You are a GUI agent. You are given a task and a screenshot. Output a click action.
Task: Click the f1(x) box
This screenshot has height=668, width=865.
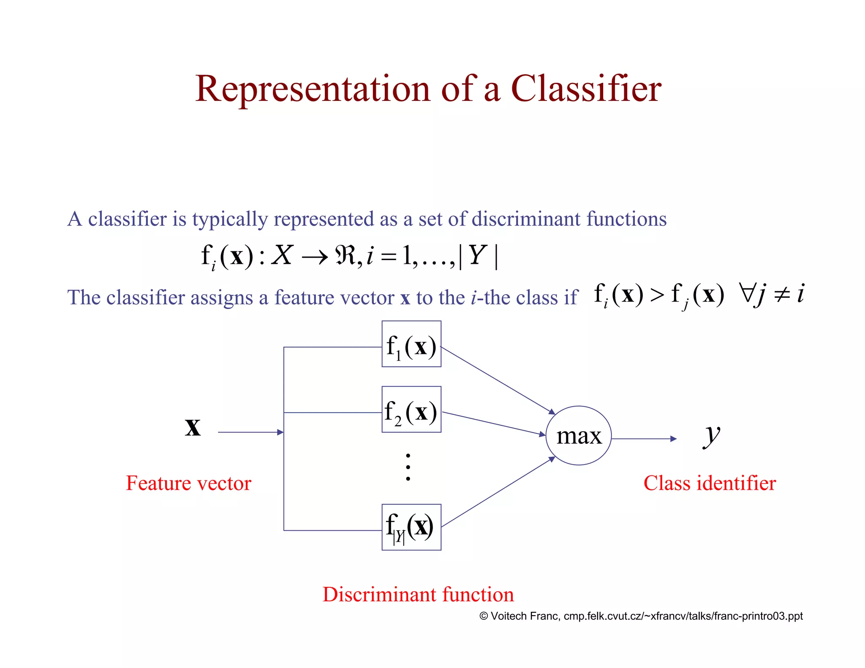tap(411, 344)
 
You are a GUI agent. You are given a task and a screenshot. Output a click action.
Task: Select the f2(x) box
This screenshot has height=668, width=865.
tap(411, 409)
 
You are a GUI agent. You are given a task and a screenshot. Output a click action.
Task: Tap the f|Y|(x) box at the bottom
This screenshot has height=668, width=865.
tap(411, 527)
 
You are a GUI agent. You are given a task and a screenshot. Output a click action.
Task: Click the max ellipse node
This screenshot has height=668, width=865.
tap(579, 436)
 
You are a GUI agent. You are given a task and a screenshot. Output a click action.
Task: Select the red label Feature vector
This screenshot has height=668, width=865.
tap(188, 483)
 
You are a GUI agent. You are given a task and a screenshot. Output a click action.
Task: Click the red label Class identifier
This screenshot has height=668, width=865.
tap(710, 483)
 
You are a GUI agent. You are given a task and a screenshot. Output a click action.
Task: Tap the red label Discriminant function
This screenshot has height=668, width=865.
tap(418, 595)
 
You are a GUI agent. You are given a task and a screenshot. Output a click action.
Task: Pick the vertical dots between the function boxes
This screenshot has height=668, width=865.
tap(408, 467)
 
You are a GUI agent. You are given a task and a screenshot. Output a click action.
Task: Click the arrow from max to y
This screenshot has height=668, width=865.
tap(644, 439)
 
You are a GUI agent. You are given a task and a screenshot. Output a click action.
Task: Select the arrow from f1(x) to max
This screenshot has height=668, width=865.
tap(498, 380)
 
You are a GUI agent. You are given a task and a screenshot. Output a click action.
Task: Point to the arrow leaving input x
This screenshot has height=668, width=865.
tap(250, 432)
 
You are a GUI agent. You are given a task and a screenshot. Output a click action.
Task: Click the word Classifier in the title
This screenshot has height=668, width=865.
tap(586, 89)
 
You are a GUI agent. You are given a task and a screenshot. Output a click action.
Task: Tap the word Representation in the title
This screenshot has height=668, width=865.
tap(313, 89)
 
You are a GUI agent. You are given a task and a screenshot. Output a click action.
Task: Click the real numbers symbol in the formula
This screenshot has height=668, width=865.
tap(345, 255)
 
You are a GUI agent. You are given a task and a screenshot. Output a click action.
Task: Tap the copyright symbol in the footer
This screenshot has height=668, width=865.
tap(484, 616)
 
